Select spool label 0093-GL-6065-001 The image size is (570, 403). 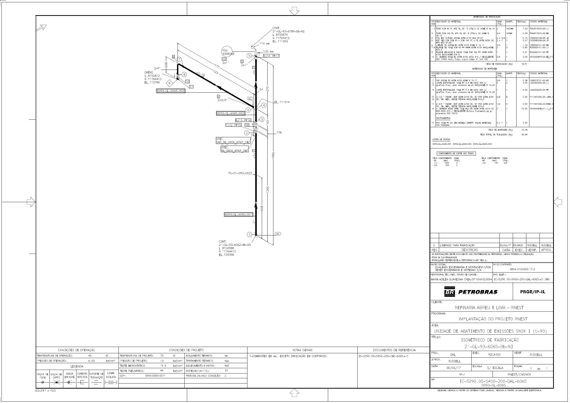pyautogui.click(x=238, y=215)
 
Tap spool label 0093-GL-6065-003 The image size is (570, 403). pyautogui.click(x=170, y=91)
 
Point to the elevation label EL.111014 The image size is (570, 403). pyautogui.click(x=282, y=102)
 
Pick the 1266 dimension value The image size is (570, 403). pyautogui.click(x=268, y=189)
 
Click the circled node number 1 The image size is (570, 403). pyautogui.click(x=249, y=234)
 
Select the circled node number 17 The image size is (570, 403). pyautogui.click(x=179, y=60)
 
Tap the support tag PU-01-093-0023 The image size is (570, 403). pyautogui.click(x=240, y=173)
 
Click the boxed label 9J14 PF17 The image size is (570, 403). pyautogui.click(x=271, y=56)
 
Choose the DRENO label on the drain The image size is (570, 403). pyautogui.click(x=149, y=72)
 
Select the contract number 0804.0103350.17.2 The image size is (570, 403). pyautogui.click(x=522, y=269)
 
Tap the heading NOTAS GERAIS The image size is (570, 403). pyautogui.click(x=302, y=350)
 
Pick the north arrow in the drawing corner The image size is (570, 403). pyautogui.click(x=42, y=28)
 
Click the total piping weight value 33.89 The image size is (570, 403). pyautogui.click(x=524, y=135)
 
